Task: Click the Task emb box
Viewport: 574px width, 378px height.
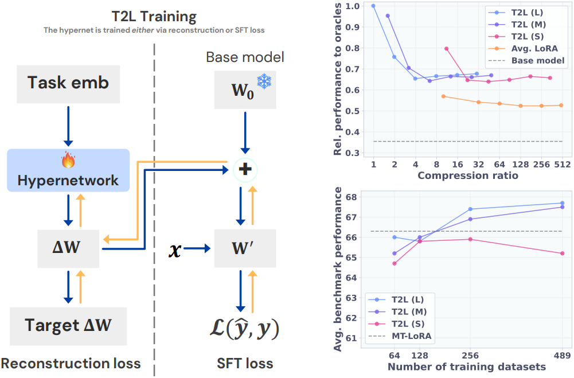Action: (x=68, y=84)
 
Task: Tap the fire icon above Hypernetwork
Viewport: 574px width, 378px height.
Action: (x=68, y=159)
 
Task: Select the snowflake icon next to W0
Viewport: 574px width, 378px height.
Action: (x=264, y=81)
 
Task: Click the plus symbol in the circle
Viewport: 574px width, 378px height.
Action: (x=245, y=169)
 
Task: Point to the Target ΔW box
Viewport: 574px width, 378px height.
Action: (x=68, y=326)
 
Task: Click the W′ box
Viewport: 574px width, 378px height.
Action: (x=245, y=248)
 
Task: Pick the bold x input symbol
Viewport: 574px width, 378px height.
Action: (x=175, y=250)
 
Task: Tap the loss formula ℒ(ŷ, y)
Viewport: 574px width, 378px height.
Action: (x=244, y=328)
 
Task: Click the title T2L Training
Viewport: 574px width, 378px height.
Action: (x=154, y=17)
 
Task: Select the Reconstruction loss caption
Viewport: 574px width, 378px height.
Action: (x=71, y=363)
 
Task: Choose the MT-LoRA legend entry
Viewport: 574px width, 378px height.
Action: (x=400, y=336)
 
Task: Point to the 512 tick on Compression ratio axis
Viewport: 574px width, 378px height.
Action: (x=562, y=165)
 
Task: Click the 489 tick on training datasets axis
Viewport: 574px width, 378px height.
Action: (x=563, y=355)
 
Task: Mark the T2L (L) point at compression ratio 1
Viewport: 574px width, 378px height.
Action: (x=373, y=6)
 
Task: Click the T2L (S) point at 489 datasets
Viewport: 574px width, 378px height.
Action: (x=563, y=254)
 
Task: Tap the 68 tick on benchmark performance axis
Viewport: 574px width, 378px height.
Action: (x=351, y=197)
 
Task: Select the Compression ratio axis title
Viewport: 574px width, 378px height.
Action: (x=468, y=176)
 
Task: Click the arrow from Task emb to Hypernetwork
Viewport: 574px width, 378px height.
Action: (x=68, y=126)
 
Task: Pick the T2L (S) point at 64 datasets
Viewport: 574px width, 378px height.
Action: (x=395, y=263)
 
